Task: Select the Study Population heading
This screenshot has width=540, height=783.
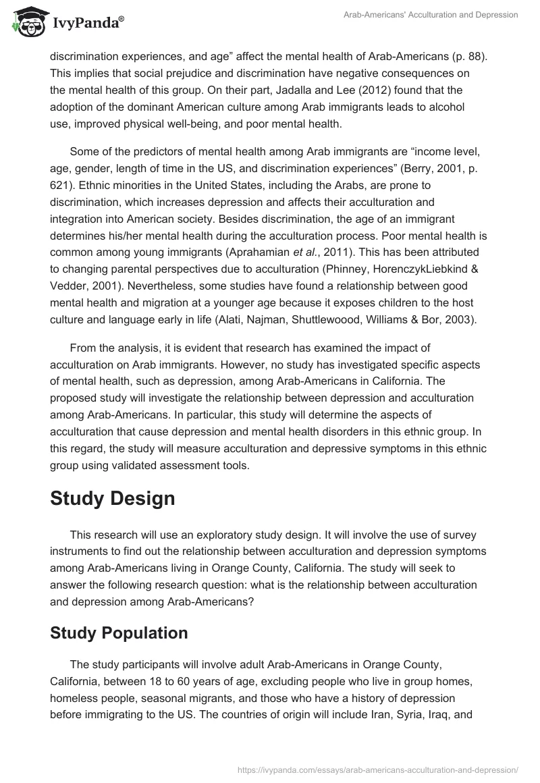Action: click(x=119, y=632)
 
